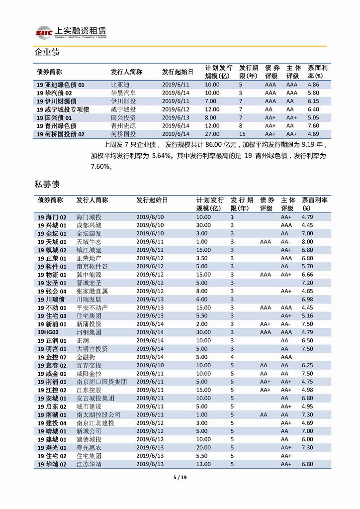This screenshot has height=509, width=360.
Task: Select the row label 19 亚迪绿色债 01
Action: point(61,85)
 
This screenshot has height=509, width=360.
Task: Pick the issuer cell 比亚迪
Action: point(119,85)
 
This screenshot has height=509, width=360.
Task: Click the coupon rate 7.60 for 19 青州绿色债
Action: point(313,126)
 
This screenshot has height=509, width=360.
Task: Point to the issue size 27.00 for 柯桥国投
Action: point(212,134)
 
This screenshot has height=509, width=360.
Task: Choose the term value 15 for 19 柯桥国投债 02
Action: point(242,134)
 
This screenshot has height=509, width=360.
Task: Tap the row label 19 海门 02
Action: point(52,217)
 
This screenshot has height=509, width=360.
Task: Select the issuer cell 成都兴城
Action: point(89,225)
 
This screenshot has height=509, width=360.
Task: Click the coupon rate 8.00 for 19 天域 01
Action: point(308,242)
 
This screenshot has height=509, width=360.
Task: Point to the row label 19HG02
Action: point(48,332)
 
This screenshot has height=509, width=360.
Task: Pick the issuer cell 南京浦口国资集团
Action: point(101,382)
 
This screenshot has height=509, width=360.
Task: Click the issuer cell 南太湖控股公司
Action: point(98,414)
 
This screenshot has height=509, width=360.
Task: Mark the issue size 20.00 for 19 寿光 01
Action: point(203,447)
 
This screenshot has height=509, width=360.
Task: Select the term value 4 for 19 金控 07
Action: point(232,357)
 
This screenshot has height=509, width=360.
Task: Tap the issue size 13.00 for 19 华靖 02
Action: point(203,464)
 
